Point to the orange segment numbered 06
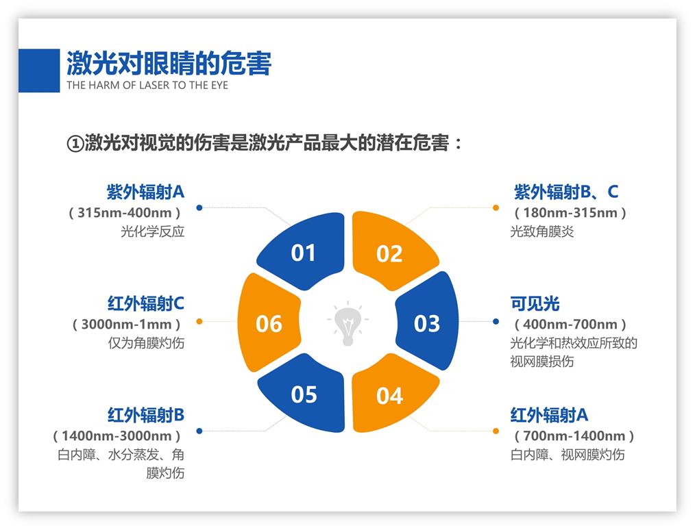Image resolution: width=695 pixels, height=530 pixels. tap(268, 323)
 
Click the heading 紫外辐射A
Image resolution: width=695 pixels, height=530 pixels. tap(145, 191)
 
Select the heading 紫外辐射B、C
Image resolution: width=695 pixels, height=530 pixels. tap(566, 192)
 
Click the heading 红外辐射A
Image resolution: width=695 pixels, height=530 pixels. tap(549, 415)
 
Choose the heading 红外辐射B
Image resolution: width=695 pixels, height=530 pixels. tap(145, 415)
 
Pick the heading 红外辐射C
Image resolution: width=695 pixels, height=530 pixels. tap(145, 303)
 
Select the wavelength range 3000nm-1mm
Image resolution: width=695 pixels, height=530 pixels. tap(127, 324)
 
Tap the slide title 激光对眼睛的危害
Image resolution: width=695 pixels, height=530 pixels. tap(169, 63)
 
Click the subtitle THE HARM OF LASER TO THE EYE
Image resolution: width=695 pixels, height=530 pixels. tap(147, 86)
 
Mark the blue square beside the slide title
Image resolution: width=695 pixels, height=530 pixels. tap(38, 71)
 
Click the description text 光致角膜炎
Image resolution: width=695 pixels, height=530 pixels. tap(541, 231)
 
